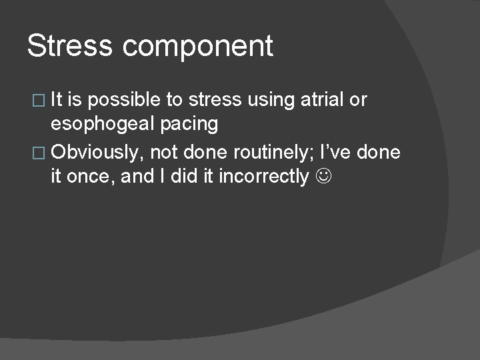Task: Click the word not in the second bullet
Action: pos(164,153)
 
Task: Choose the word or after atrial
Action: pos(358,100)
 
